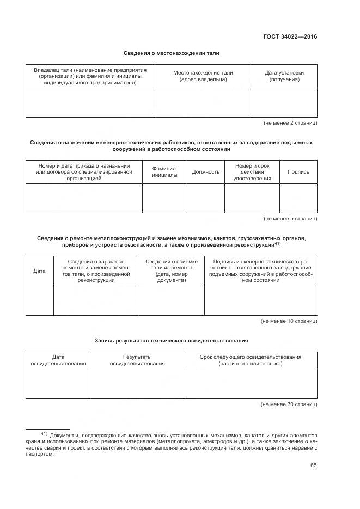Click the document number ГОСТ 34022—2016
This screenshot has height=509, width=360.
290,37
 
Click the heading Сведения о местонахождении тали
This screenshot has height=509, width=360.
171,53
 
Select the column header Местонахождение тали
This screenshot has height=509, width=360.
203,76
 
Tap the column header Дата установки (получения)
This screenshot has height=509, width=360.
284,76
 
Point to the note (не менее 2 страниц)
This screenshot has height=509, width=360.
290,123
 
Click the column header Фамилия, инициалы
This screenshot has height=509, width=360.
164,172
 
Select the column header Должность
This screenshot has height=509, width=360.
206,172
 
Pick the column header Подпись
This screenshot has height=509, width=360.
298,172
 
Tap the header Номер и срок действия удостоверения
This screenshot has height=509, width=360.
252,172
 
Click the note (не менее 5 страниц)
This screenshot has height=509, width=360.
290,219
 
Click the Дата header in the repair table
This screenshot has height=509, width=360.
40,271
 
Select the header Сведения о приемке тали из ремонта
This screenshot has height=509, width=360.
172,271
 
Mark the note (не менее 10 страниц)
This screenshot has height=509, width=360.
289,321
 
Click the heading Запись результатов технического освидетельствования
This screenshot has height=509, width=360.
171,341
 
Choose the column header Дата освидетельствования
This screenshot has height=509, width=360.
58,360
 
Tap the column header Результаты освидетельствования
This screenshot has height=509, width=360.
137,360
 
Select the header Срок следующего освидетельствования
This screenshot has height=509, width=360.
250,360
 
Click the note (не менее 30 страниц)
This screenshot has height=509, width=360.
289,405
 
